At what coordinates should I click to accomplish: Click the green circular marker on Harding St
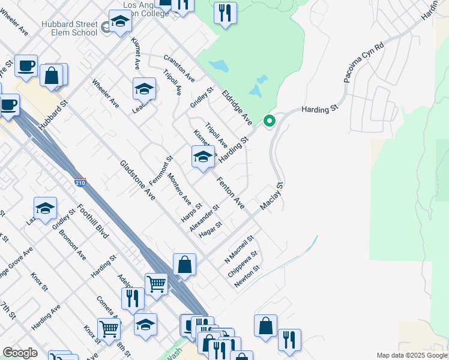click(270, 121)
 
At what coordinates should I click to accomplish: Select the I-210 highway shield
click(81, 181)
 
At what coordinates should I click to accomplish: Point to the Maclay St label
click(271, 197)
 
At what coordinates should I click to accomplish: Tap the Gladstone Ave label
click(137, 179)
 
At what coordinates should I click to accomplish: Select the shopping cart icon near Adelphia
click(157, 283)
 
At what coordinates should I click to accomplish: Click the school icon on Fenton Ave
click(203, 157)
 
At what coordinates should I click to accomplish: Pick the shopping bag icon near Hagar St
click(184, 264)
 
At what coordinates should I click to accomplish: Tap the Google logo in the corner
click(20, 353)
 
